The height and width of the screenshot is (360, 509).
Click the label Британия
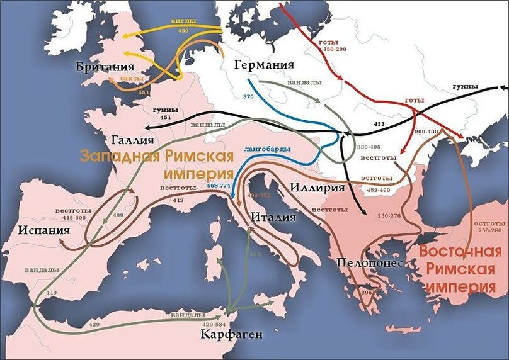(105, 67)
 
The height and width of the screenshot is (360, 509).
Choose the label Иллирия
(318, 187)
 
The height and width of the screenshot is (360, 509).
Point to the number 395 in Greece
(367, 293)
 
